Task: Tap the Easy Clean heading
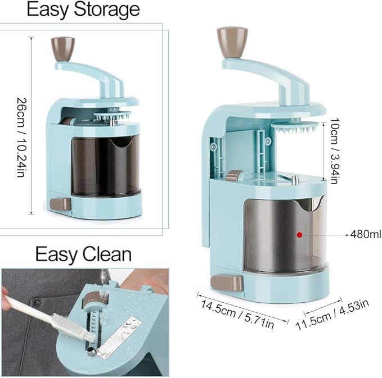pos(84,254)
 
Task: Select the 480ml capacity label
pos(366,234)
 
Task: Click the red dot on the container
pos(300,235)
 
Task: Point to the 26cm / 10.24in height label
pos(21,138)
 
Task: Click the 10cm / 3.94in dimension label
pos(334,151)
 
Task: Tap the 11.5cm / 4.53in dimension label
pos(332,315)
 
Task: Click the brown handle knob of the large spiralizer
pos(232,42)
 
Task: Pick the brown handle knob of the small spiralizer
pos(62,49)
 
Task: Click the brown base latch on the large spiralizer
pos(227,283)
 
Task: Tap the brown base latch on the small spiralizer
pos(61,204)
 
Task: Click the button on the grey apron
pos(37,303)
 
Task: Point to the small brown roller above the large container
pos(233,176)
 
